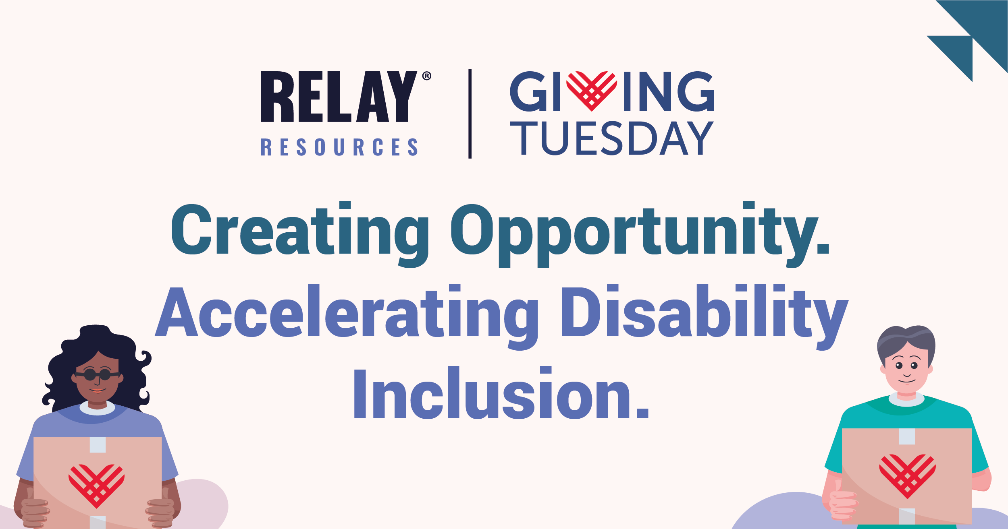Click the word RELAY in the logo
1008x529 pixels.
tap(339, 97)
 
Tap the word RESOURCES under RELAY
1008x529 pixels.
tap(339, 147)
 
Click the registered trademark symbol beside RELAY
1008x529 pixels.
tap(426, 76)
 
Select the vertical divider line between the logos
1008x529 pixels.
tap(470, 114)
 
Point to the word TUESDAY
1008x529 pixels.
tap(611, 138)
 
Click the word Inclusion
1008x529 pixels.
tap(501, 395)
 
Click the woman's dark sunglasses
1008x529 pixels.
tap(97, 375)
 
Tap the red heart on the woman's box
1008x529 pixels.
tap(96, 485)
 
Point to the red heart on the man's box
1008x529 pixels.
tap(907, 475)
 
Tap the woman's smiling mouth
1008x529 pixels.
tap(97, 390)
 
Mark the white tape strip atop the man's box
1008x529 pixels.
tap(907, 436)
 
